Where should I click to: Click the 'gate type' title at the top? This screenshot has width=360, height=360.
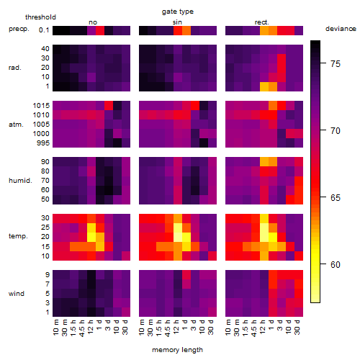pyautogui.click(x=178, y=12)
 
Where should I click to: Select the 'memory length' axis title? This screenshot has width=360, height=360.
pyautogui.click(x=177, y=350)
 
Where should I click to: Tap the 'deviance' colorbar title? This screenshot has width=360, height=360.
pyautogui.click(x=341, y=29)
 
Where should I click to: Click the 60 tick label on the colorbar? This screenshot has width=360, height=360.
pyautogui.click(x=336, y=264)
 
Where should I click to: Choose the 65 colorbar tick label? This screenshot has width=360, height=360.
pyautogui.click(x=336, y=197)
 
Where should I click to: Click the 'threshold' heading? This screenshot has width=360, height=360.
pyautogui.click(x=40, y=17)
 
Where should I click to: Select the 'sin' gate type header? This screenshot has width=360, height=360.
pyautogui.click(x=177, y=22)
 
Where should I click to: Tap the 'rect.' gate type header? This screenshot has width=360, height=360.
pyautogui.click(x=261, y=22)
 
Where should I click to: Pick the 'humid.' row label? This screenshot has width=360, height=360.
pyautogui.click(x=20, y=181)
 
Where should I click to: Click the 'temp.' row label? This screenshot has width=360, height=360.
pyautogui.click(x=18, y=236)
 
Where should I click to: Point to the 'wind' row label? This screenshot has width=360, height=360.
pyautogui.click(x=17, y=294)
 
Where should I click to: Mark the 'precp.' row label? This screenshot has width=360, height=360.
pyautogui.click(x=19, y=29)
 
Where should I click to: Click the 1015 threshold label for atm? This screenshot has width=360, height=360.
pyautogui.click(x=41, y=106)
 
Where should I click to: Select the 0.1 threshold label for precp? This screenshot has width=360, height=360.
pyautogui.click(x=44, y=30)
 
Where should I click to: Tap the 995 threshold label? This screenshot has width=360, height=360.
pyautogui.click(x=43, y=143)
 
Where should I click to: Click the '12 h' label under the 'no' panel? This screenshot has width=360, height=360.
pyautogui.click(x=90, y=327)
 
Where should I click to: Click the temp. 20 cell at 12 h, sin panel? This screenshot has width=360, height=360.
pyautogui.click(x=178, y=237)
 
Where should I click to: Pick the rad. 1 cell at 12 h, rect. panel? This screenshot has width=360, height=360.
pyautogui.click(x=264, y=87)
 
